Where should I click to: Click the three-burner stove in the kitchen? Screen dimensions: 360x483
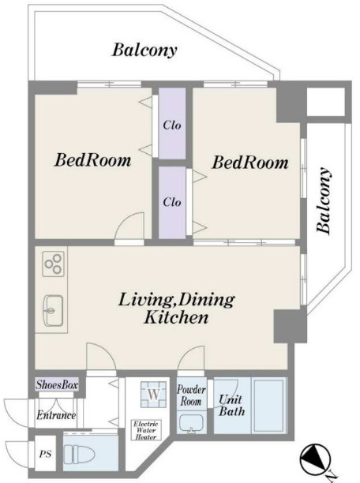[54, 264]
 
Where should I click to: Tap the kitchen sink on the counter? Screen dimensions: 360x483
[54, 310]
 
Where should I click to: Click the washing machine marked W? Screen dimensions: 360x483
[154, 394]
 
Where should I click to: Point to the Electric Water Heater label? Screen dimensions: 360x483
[146, 430]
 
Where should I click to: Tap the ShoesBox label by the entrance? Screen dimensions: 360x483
[57, 384]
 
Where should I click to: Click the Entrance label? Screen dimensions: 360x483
[56, 415]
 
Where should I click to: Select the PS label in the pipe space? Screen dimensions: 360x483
[45, 454]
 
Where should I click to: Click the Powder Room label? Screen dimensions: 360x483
[191, 395]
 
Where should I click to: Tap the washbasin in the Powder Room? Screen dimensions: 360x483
[191, 424]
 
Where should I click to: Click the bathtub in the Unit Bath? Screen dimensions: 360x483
[269, 406]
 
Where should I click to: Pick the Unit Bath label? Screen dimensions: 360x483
[231, 406]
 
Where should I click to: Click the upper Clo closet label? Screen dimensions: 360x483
[172, 125]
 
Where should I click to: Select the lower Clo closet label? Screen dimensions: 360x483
[172, 202]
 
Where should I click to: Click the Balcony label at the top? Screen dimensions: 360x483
[144, 50]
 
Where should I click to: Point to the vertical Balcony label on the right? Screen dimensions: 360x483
[324, 200]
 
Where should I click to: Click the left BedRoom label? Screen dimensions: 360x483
[93, 160]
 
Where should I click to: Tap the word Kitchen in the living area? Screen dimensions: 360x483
[176, 317]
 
